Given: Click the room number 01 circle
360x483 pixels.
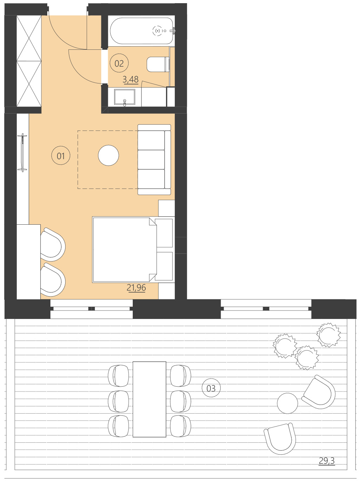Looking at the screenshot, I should tap(61, 156).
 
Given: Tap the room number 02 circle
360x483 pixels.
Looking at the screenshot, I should tap(119, 63).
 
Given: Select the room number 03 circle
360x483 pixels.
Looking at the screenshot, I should tap(211, 388).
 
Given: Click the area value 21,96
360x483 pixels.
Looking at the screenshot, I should tap(136, 288).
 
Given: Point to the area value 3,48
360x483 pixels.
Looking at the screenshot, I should tap(131, 80).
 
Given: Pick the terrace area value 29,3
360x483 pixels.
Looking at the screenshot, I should tap(327, 461).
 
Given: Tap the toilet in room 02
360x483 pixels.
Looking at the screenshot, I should tap(158, 64).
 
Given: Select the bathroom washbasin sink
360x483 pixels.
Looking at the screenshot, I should tap(124, 97).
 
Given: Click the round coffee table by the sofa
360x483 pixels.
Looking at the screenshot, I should tap(109, 155).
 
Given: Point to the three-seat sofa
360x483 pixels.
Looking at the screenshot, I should tap(154, 159).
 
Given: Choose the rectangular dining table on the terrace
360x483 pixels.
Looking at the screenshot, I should tap(149, 399).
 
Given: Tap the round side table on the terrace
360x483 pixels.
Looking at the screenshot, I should tap(287, 403).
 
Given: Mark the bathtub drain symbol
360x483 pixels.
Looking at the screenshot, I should tap(158, 31).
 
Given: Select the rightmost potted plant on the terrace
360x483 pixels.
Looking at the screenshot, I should tap(328, 335).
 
